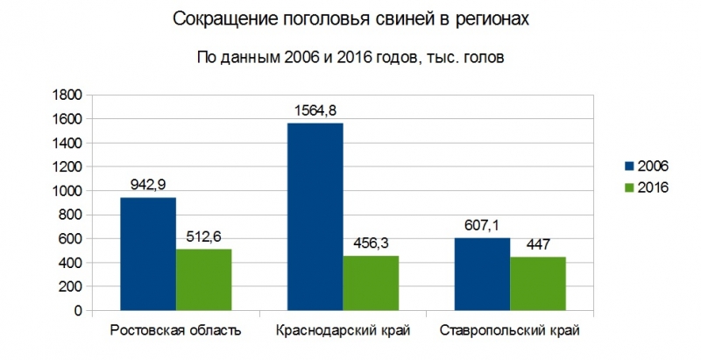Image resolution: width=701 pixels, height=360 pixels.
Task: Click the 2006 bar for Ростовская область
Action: point(147,254)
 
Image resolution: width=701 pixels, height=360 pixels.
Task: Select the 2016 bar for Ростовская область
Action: point(203,280)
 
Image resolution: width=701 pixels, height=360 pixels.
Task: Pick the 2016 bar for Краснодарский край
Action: point(371,284)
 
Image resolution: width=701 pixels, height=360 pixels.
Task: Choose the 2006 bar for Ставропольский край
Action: point(481,274)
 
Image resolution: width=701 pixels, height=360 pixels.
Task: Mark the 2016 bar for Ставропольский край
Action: point(537,284)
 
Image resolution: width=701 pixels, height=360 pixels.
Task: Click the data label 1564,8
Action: point(315,110)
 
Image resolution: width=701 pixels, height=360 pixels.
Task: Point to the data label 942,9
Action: point(147,185)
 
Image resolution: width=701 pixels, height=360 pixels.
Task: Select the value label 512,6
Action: point(203,236)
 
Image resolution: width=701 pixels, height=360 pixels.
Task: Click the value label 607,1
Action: point(481,225)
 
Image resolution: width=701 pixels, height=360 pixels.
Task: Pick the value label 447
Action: point(537,244)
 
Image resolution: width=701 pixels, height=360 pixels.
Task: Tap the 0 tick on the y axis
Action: point(77,311)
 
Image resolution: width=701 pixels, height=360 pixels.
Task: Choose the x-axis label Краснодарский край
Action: point(343,331)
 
